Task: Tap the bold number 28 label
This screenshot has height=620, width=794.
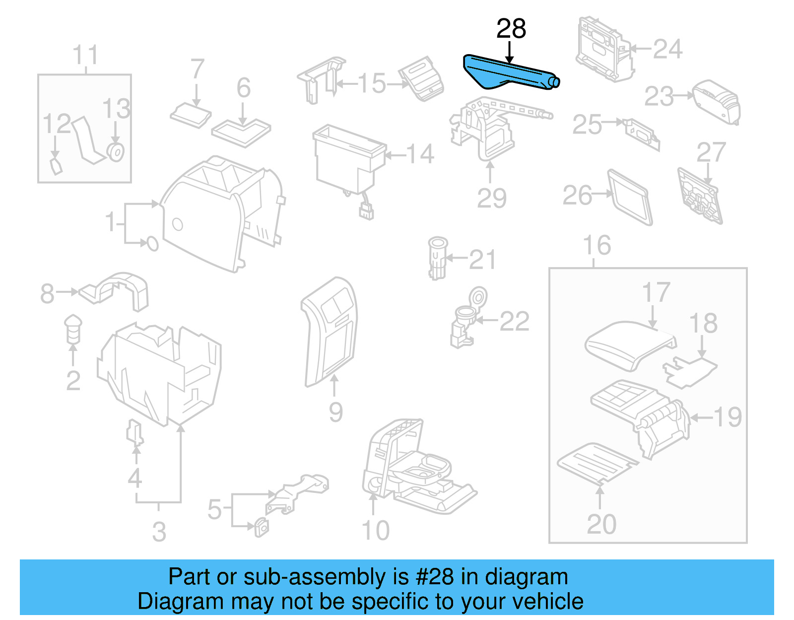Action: point(511,29)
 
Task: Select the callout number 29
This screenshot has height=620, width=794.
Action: point(491,198)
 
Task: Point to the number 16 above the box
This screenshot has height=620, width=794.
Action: point(596,245)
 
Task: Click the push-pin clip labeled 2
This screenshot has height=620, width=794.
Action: point(73,328)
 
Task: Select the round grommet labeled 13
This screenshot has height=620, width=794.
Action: point(116,152)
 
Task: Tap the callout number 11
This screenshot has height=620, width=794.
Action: point(85,55)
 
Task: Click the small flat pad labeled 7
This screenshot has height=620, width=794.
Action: point(191,115)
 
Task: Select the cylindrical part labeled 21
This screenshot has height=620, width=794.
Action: point(437,258)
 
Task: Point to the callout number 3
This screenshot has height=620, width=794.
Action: point(159,532)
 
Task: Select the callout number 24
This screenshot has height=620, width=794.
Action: point(667,49)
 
